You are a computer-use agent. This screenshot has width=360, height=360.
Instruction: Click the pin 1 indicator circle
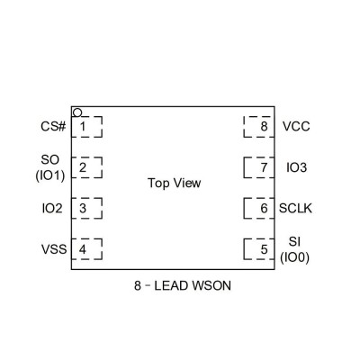(77, 112)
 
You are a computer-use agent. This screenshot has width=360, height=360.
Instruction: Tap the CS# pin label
(53, 126)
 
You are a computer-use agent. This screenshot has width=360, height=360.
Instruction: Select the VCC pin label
(296, 126)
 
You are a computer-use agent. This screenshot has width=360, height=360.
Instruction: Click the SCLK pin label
(295, 208)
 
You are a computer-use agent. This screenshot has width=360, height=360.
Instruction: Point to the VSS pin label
(54, 249)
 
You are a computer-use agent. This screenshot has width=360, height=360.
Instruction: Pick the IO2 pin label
(52, 208)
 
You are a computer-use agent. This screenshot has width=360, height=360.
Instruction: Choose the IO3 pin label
(297, 167)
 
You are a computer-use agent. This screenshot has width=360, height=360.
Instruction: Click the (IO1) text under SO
(50, 175)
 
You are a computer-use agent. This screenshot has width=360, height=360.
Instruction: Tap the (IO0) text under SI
(294, 257)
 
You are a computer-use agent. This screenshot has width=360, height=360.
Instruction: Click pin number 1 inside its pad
(83, 127)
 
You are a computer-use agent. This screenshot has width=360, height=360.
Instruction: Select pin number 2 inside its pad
(83, 167)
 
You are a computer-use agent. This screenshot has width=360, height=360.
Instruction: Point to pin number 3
(83, 208)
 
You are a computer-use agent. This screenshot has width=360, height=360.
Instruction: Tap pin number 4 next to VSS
(83, 249)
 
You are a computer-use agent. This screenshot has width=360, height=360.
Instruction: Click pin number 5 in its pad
(264, 249)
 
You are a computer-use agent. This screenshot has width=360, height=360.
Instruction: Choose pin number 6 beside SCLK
(264, 208)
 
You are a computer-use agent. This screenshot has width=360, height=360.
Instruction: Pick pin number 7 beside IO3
(264, 167)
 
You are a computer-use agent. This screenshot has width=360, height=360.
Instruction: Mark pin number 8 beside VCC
(264, 127)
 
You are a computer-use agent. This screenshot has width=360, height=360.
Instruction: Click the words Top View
(175, 183)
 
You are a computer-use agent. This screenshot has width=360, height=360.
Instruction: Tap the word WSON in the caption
(211, 285)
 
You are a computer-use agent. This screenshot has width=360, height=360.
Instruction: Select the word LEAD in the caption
(171, 285)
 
